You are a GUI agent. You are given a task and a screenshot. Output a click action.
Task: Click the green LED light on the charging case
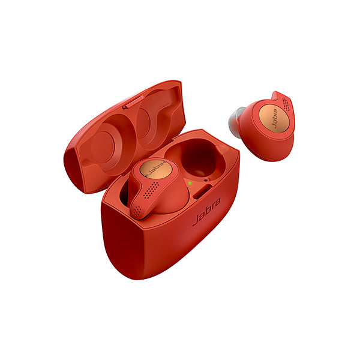tap(190, 183)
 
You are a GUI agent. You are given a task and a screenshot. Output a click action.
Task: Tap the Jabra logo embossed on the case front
tap(206, 211)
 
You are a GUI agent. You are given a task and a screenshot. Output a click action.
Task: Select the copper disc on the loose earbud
tap(274, 119)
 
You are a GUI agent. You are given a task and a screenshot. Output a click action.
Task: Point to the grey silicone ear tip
tap(235, 121)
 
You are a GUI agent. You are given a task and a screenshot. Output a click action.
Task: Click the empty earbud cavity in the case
tap(197, 158)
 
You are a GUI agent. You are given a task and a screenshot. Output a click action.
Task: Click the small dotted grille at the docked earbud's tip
tap(138, 210)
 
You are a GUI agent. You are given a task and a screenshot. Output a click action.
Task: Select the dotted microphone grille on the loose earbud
tap(286, 104)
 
